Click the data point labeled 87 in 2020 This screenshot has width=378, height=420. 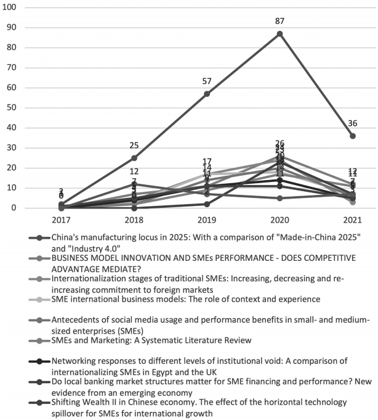[x=279, y=33]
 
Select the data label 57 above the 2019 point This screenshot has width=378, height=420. [x=207, y=81]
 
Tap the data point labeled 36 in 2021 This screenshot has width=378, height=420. [x=352, y=136]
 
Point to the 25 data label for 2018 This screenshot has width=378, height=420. [x=134, y=146]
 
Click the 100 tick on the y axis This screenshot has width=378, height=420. [x=11, y=7]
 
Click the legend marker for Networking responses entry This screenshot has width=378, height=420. [x=39, y=361]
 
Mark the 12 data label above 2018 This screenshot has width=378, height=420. [x=134, y=171]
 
